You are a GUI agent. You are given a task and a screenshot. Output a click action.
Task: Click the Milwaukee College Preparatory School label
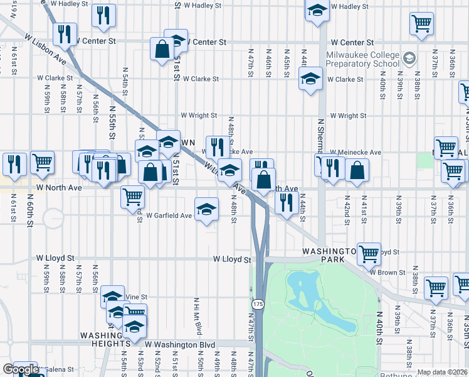tap(362, 59)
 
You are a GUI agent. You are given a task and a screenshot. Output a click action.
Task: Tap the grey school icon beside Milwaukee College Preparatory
tap(410, 58)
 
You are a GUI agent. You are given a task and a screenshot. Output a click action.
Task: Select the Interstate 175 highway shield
tap(257, 304)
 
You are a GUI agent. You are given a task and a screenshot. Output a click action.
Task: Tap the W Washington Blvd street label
tap(180, 345)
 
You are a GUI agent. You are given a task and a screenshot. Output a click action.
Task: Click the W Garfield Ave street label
tap(169, 216)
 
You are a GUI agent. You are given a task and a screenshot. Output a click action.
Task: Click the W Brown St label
tap(387, 272)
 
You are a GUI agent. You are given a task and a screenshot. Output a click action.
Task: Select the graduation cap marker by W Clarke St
tap(310, 80)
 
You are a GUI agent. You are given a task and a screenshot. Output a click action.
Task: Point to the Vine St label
tap(135, 297)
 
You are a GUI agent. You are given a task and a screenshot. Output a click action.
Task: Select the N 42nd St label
tap(345, 214)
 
